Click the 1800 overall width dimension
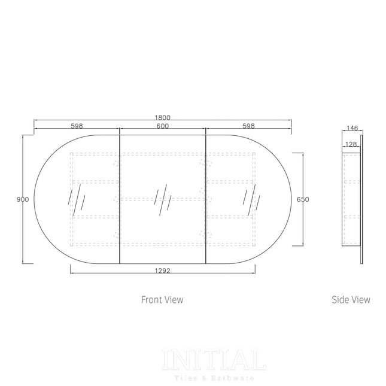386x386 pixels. point(163,117)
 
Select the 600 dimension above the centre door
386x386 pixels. point(163,126)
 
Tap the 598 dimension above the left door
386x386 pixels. point(77,126)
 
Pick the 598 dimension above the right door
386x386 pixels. point(249,126)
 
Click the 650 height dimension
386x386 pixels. point(303,199)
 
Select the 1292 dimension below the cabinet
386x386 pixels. point(163,270)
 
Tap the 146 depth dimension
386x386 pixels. point(352,128)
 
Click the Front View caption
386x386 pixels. point(162,299)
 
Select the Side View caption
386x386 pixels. point(351,299)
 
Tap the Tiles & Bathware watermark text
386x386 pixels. point(214,378)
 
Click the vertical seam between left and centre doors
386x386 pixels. point(120,197)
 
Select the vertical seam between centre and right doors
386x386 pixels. point(206,197)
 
